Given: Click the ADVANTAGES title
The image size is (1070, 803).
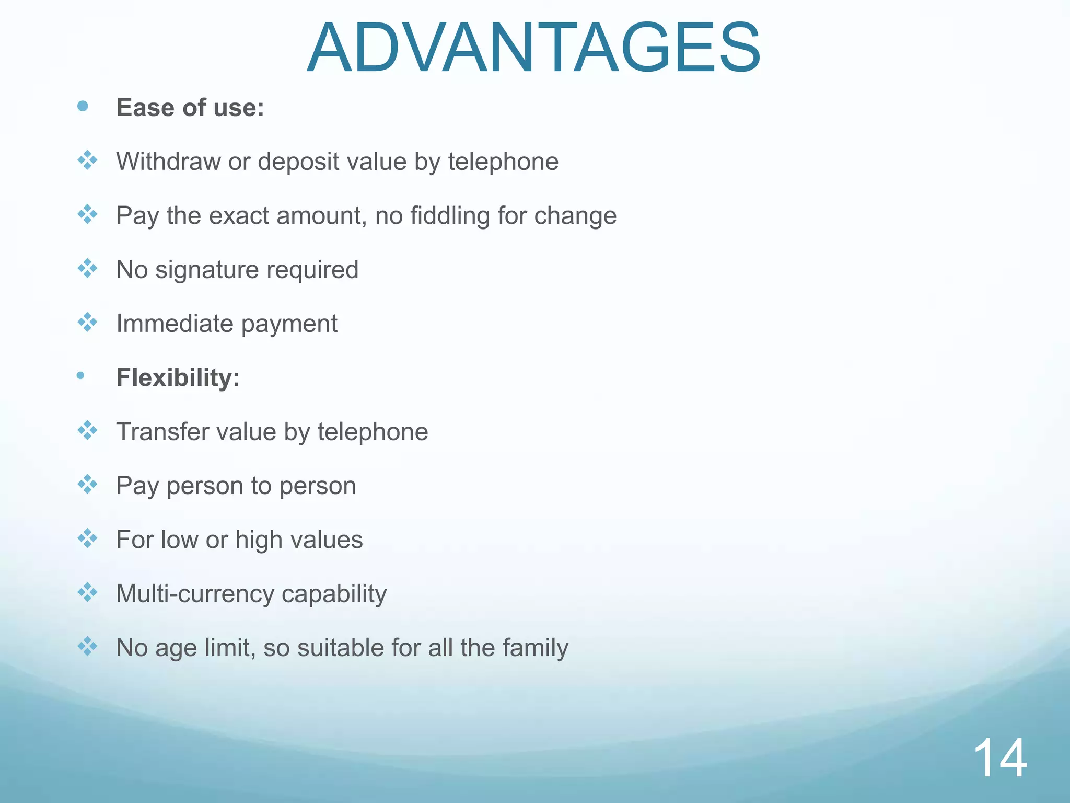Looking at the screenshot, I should tap(533, 48).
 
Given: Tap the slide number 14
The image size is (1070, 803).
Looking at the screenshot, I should tap(1000, 759).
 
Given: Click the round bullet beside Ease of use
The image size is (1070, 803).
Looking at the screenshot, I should tap(83, 107).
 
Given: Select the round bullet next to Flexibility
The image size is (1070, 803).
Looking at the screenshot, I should tap(80, 375).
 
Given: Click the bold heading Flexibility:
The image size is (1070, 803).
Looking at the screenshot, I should tap(178, 377).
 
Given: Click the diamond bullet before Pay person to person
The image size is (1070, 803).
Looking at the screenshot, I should tap(87, 484).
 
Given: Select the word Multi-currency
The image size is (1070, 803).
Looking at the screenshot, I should tap(195, 594).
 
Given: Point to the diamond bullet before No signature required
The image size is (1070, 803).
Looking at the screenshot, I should tap(87, 268).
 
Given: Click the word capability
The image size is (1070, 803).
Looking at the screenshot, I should tap(334, 594).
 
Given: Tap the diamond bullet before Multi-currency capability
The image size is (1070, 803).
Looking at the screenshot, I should tap(87, 592).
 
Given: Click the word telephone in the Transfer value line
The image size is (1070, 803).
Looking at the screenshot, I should tap(373, 432).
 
